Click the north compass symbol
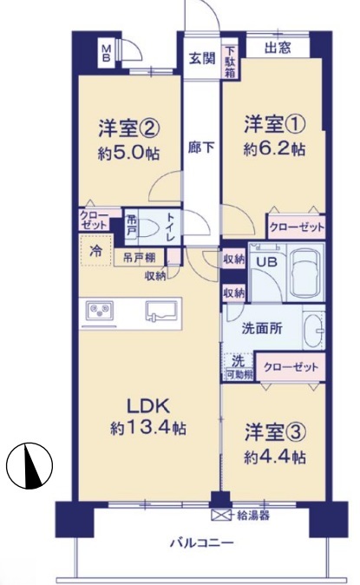29,465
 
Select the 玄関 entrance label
202,58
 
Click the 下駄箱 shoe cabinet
230,62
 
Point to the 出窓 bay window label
278,48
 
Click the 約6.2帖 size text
274,149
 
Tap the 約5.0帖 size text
128,153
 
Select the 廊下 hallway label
201,148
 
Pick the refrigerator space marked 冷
95,250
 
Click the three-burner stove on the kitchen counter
100,310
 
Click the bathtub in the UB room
305,272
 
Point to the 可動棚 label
239,375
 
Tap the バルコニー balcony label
202,542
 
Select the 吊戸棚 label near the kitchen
139,258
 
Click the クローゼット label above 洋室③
291,367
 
